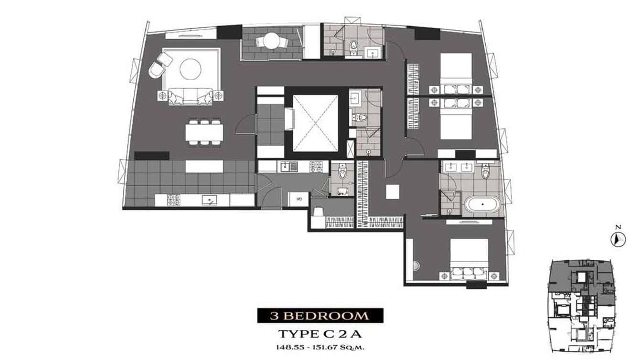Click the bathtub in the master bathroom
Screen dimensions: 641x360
482,204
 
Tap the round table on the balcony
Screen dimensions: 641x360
272,42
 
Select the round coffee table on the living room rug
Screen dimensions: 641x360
190,69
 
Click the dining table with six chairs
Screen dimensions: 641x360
204,133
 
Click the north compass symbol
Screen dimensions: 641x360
618,239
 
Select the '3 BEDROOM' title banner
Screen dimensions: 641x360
320,316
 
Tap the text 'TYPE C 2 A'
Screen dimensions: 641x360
320,334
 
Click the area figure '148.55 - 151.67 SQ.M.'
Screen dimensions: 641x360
320,348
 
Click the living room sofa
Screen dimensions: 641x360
191,96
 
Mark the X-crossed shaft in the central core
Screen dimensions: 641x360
315,123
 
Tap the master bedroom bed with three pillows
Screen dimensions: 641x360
469,259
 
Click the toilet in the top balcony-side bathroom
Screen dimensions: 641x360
354,48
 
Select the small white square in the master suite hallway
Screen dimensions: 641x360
392,191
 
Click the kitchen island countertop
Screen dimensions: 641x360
204,167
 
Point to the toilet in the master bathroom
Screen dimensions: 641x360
485,170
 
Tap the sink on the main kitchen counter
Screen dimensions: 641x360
210,200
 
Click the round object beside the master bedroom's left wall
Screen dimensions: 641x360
417,266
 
